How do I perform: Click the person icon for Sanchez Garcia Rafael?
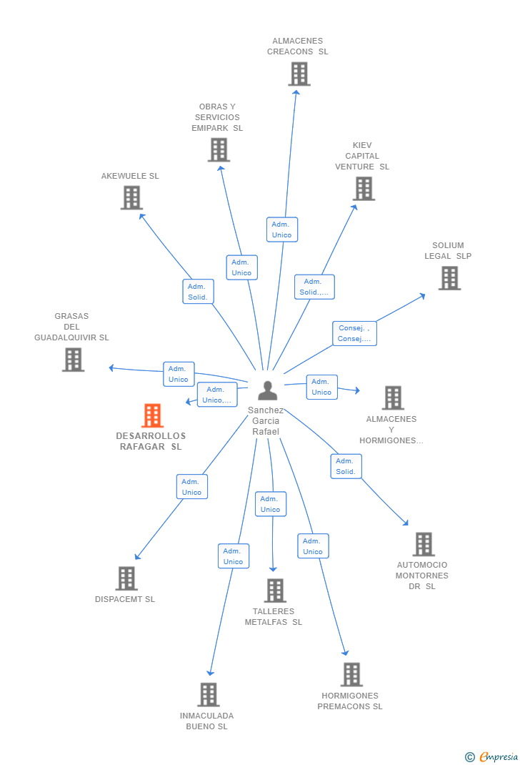click(267, 390)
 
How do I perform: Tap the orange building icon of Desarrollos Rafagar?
click(152, 415)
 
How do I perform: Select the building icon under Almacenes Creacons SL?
click(299, 74)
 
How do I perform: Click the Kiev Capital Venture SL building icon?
click(364, 189)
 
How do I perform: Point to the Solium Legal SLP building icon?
click(449, 278)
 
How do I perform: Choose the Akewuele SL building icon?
click(131, 198)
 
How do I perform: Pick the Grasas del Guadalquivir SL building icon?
click(73, 360)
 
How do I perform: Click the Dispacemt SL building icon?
click(126, 578)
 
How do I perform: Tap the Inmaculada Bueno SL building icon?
click(208, 694)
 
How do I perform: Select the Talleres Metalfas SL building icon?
click(275, 591)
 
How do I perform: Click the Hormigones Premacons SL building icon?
click(351, 674)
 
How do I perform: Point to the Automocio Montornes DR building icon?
click(424, 544)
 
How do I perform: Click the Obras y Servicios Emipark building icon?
click(219, 150)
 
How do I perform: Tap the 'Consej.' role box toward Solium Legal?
click(354, 333)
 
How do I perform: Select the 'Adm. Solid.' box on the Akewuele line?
click(198, 292)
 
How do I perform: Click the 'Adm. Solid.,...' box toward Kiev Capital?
click(314, 287)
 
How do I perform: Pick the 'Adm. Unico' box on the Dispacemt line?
click(191, 487)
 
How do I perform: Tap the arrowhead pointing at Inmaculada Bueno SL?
click(210, 672)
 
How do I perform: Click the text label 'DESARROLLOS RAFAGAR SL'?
click(151, 441)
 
